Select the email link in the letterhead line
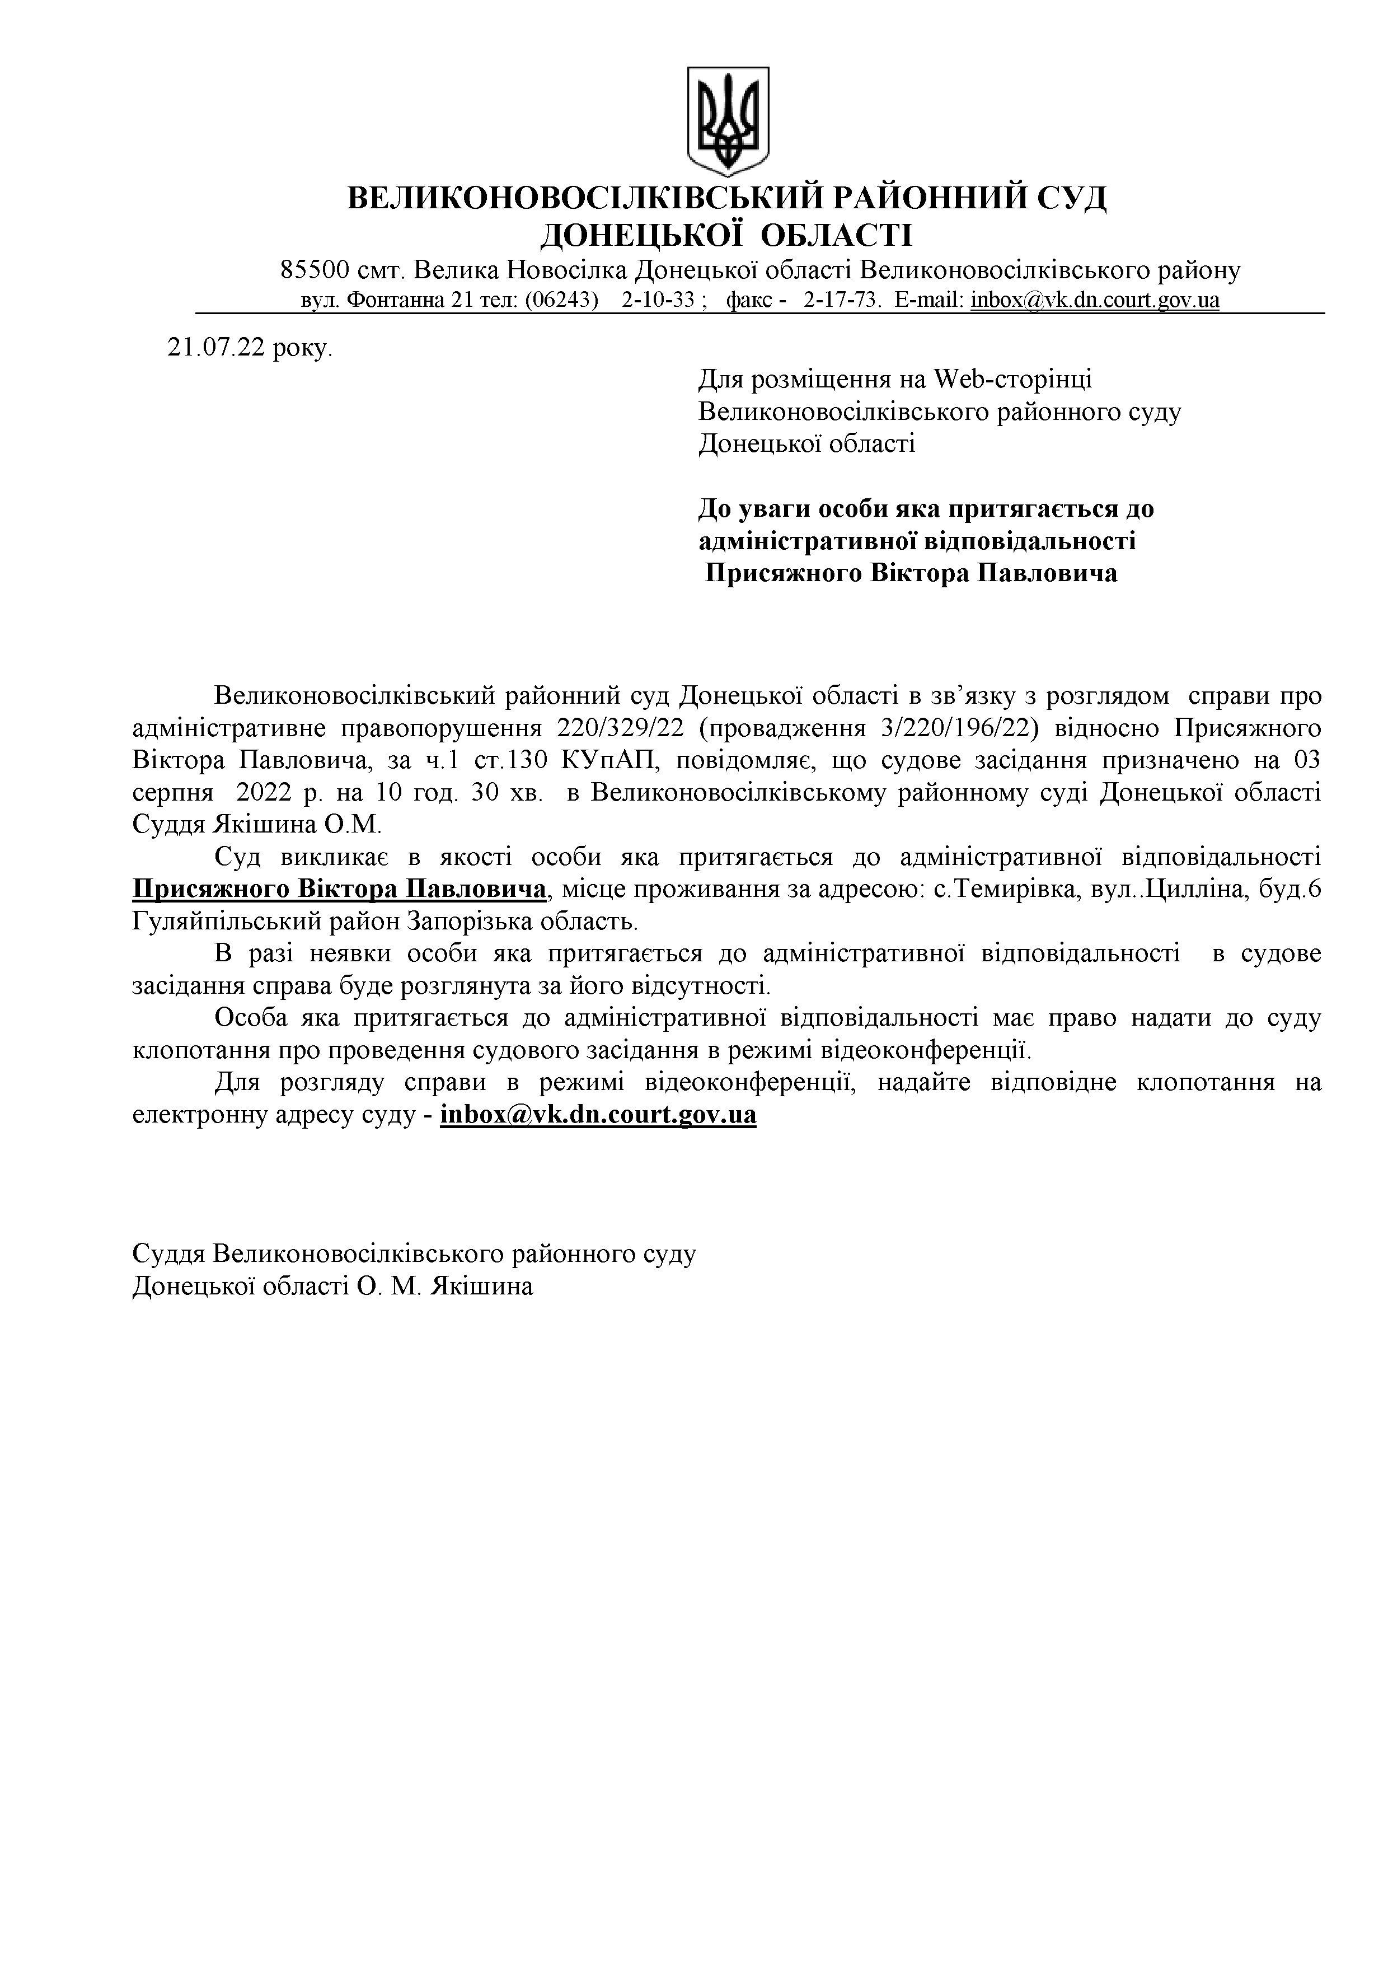[x=1095, y=300]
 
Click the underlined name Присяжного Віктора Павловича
[x=340, y=889]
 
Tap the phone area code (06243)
[x=561, y=300]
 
